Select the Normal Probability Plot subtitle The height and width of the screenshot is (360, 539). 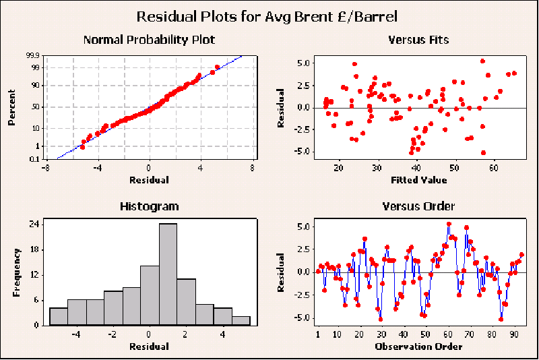(x=149, y=40)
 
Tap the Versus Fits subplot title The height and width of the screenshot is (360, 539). (x=418, y=40)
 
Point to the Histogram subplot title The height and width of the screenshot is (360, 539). (x=149, y=206)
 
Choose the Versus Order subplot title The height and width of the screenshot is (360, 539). (x=418, y=206)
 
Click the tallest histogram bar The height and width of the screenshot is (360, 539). (x=168, y=274)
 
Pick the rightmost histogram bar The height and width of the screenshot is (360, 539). (x=241, y=321)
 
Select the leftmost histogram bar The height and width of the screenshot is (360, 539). (x=59, y=316)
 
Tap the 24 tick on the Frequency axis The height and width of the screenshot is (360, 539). (x=36, y=224)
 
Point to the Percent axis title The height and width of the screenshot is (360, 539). (x=11, y=109)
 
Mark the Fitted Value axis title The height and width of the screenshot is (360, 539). (x=419, y=180)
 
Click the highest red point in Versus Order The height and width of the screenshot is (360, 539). (x=449, y=224)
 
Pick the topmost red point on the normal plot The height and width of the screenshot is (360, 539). (x=217, y=67)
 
